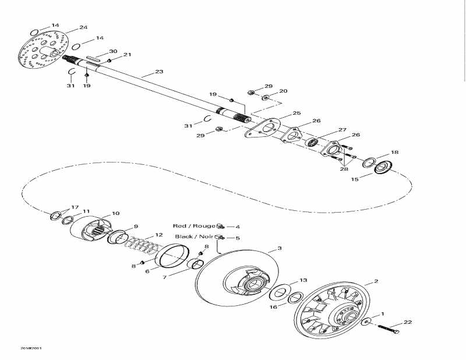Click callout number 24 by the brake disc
[x=83, y=27]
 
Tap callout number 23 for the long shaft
[x=160, y=72]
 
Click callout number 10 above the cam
[x=115, y=214]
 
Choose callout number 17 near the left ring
[x=75, y=207]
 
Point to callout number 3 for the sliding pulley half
[x=279, y=249]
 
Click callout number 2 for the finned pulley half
[x=376, y=281]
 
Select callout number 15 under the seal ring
[x=355, y=179]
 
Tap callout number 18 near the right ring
[x=395, y=153]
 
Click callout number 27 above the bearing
[x=343, y=130]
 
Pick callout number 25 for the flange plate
[x=296, y=113]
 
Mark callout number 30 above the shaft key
[x=113, y=51]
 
